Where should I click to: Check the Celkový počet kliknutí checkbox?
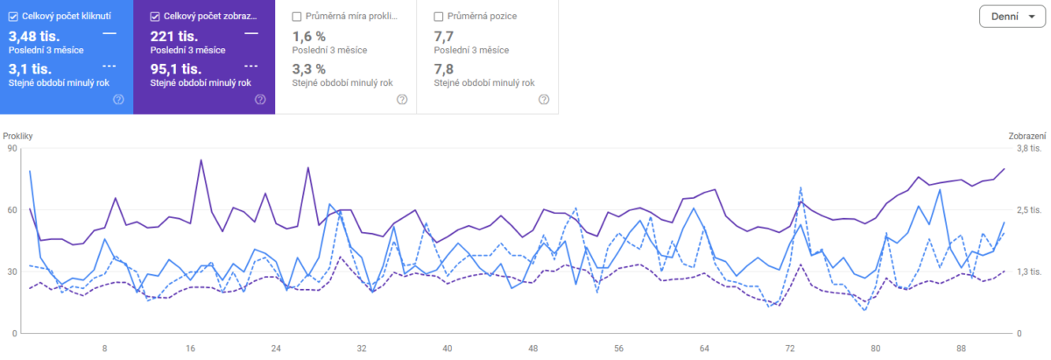point(13,16)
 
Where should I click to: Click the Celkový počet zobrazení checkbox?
point(156,16)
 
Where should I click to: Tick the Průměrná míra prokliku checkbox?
point(298,16)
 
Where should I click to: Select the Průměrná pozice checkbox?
point(440,16)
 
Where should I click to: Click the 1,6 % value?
point(308,36)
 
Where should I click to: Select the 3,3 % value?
point(308,68)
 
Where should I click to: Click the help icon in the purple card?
point(260,99)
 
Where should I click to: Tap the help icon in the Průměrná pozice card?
point(544,99)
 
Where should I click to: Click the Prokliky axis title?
point(18,137)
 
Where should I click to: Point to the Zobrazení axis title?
point(1026,137)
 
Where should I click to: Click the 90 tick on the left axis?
point(12,149)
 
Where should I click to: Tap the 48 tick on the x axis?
point(533,349)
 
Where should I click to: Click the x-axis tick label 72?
point(790,349)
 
